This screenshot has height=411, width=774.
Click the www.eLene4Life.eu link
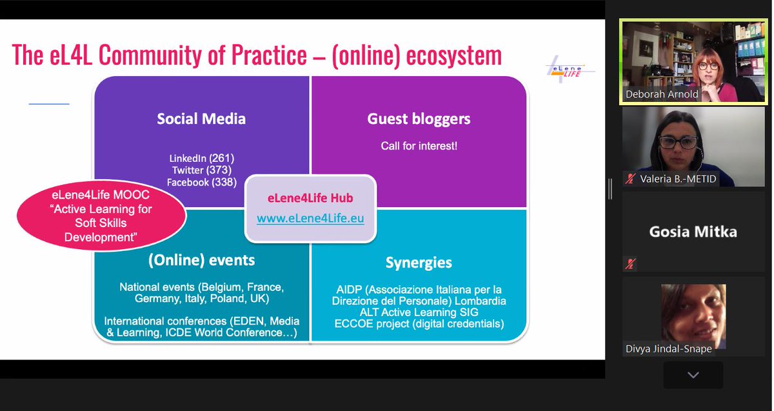click(310, 218)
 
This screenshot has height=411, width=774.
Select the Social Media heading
click(201, 119)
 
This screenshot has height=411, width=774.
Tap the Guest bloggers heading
click(419, 119)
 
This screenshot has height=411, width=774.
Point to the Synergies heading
click(419, 263)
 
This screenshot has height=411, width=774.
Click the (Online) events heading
click(201, 260)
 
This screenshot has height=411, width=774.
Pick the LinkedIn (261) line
click(201, 158)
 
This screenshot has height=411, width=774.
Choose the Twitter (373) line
click(201, 170)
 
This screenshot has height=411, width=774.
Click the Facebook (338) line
click(201, 183)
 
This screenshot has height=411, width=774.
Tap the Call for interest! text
click(419, 146)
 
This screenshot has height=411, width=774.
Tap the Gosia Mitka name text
click(693, 232)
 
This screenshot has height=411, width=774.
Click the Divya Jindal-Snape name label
click(668, 348)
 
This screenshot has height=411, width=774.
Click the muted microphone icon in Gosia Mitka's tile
click(630, 263)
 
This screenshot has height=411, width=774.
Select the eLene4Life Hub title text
click(310, 198)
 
